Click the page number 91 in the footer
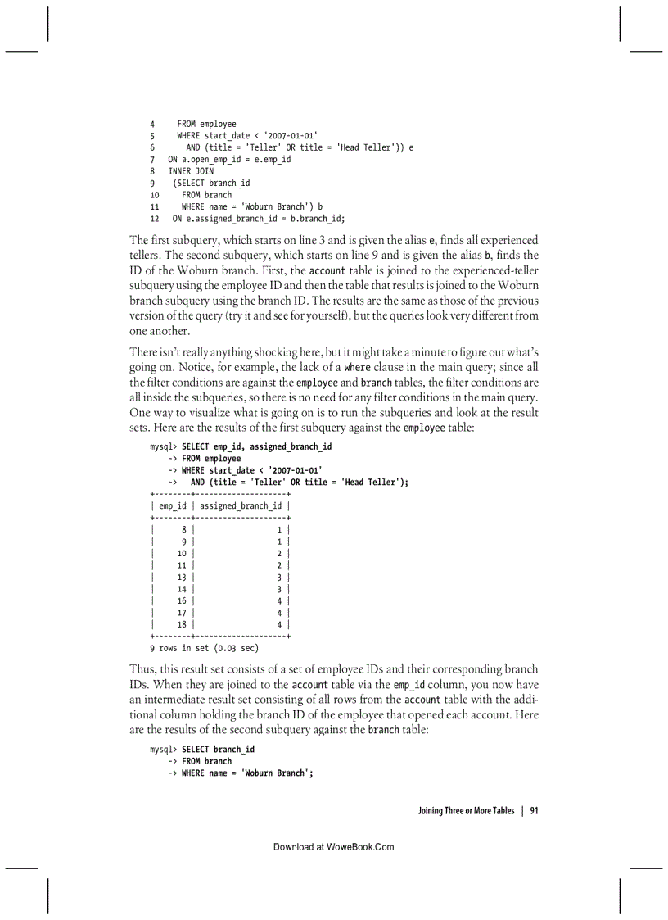tap(533, 811)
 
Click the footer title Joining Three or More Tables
tap(466, 811)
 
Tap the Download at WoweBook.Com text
tap(333, 847)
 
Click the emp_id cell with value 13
tap(182, 577)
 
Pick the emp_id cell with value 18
tap(182, 624)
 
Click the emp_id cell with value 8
tap(183, 530)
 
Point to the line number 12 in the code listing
tap(155, 219)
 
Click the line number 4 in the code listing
tap(152, 125)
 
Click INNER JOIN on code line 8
tap(191, 171)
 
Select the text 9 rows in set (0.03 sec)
tap(204, 648)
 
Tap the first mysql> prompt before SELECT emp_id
tap(163, 446)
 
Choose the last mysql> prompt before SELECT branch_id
tap(163, 750)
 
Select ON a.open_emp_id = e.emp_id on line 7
tap(229, 160)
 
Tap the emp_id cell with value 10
tap(182, 554)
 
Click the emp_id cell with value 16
tap(182, 600)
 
